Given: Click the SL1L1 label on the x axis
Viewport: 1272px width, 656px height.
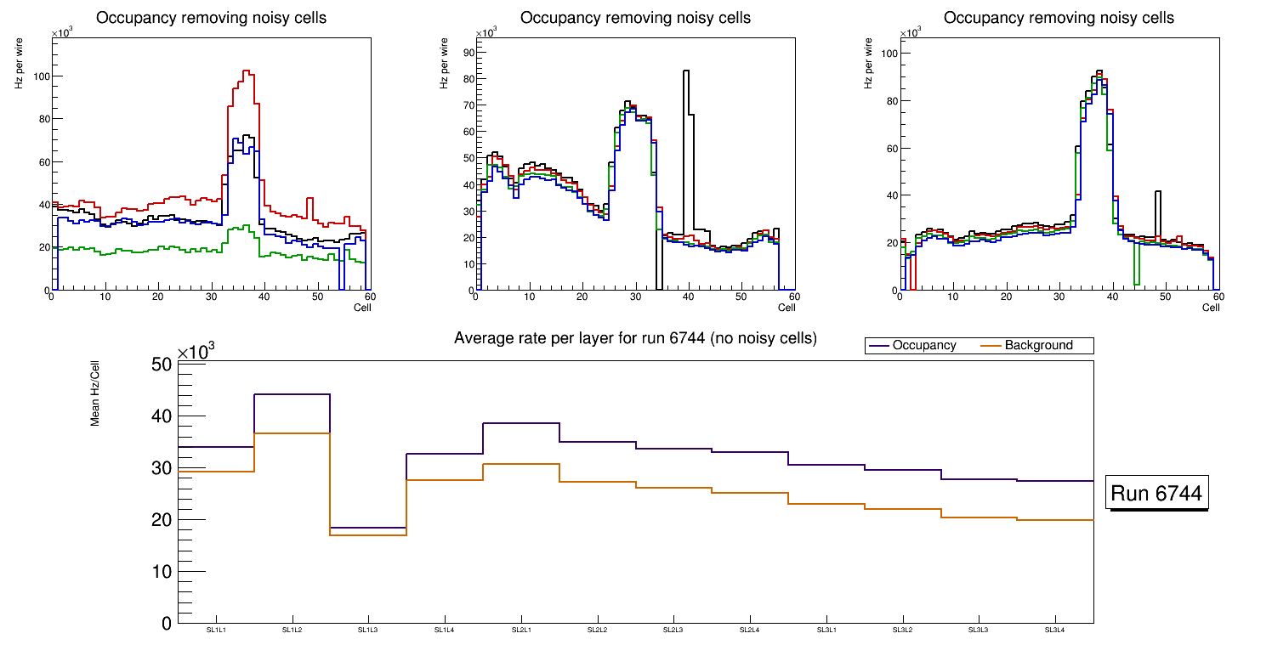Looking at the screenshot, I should tap(216, 630).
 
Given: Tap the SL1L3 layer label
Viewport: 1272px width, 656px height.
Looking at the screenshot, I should tap(368, 630).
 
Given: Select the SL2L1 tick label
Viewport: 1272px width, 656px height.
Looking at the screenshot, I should tap(520, 630).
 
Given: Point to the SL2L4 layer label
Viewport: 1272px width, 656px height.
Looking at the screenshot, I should tap(749, 630).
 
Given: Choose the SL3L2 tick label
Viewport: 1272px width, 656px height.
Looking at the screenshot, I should tap(902, 630).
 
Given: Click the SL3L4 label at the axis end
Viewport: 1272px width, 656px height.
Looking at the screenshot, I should tap(1054, 630).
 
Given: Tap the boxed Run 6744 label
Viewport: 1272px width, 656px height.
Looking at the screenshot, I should tap(1156, 493).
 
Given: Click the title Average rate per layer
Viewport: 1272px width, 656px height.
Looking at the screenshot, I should tap(635, 338).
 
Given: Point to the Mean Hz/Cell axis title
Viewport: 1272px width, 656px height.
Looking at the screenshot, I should tap(95, 390).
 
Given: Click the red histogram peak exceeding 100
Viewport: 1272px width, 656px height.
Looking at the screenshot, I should tap(246, 71).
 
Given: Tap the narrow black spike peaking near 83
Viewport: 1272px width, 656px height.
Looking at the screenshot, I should tap(685, 71).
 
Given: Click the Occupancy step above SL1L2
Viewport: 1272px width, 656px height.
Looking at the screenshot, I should tap(292, 394).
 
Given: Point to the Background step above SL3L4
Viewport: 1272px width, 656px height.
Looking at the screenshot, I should tap(1055, 520).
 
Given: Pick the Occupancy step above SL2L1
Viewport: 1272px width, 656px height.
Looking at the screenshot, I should tap(520, 423).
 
